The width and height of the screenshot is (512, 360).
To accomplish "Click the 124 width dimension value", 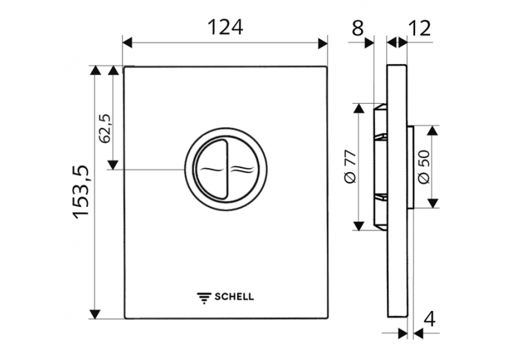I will click(225, 27).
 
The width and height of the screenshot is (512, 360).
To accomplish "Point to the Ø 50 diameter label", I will click(423, 167).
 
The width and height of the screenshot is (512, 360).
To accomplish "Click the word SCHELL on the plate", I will click(234, 296).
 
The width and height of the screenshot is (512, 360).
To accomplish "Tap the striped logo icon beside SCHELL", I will click(204, 296).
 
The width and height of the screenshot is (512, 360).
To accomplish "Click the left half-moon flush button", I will click(210, 169).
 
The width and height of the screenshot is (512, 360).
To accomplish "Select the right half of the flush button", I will click(242, 169).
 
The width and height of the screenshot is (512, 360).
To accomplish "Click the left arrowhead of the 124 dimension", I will click(129, 43).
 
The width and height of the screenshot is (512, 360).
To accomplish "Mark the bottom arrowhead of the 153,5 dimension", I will click(96, 314).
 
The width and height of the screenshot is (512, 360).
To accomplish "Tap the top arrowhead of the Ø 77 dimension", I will click(357, 109).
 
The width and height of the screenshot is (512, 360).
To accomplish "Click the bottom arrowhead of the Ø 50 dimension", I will click(432, 204).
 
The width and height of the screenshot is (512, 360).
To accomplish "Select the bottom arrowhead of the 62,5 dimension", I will click(113, 164).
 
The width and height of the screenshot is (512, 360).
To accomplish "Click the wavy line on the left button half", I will click(211, 169).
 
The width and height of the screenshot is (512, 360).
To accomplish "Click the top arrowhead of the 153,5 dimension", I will click(96, 71).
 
